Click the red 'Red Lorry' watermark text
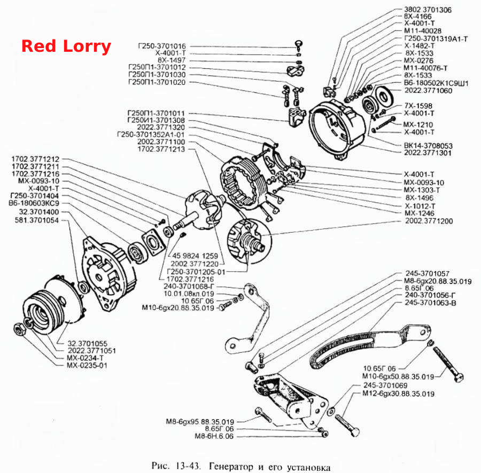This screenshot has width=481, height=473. coord(66,46)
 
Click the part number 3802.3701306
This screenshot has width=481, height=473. coord(428,10)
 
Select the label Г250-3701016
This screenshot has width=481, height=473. coord(161,46)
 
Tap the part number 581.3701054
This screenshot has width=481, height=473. coord(36,220)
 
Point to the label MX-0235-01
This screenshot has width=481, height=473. coord(87,365)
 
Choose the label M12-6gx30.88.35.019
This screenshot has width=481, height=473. coord(399,393)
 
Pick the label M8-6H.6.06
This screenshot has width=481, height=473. coord(214,436)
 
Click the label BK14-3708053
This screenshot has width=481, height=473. coord(428,146)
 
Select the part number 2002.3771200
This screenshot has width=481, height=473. coord(429,221)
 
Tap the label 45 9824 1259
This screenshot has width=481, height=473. coord(195,256)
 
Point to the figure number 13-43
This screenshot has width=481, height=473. coord(188,466)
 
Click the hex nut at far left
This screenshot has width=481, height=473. coord(19,329)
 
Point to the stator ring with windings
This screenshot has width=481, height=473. coord(242,182)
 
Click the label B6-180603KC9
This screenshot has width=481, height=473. coord(34,203)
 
